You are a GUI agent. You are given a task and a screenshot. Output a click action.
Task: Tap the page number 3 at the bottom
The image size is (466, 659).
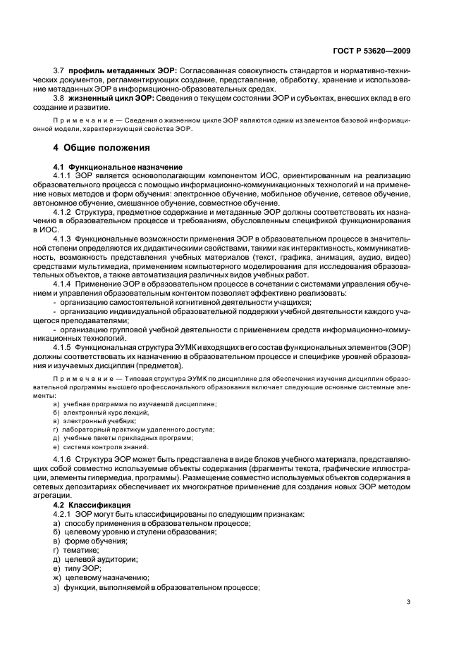coord(409,601)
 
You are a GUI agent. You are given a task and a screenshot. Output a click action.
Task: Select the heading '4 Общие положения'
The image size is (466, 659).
coord(102,148)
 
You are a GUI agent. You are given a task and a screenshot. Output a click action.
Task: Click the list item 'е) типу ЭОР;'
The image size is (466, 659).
coord(78,567)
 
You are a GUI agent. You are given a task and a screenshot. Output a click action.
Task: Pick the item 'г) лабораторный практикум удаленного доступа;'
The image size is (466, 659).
coord(134,429)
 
